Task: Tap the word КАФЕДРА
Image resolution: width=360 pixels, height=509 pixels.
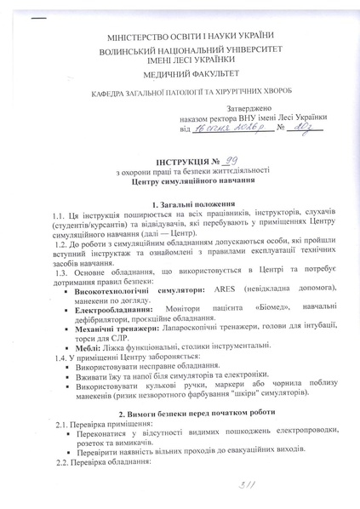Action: pos(111,94)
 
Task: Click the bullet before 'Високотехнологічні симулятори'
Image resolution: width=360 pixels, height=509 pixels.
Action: pos(67,289)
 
